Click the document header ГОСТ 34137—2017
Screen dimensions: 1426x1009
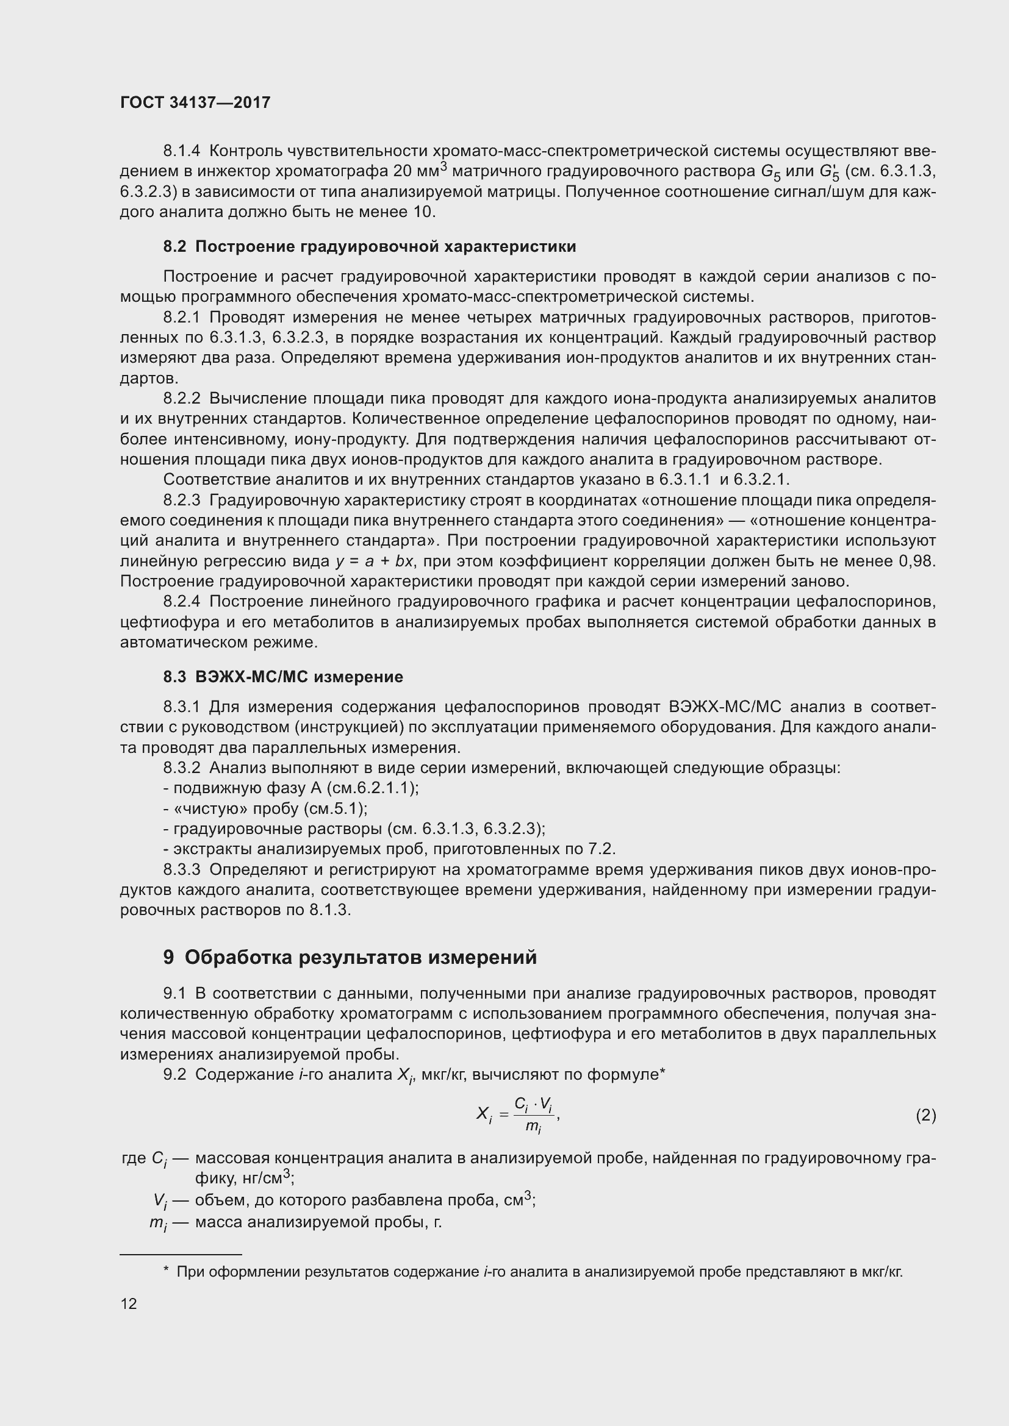195,103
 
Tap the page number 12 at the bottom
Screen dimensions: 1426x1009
129,1303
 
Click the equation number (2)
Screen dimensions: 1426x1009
925,1116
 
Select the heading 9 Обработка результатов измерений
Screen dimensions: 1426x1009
350,957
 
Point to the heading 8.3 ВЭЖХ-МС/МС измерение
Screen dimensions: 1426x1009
283,677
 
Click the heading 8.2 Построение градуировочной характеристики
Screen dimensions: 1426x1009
370,246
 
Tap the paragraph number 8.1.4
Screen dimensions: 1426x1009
182,151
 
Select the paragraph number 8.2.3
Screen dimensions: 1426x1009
182,501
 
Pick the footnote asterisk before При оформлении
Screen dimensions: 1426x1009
166,1271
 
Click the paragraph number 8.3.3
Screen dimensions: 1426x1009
182,869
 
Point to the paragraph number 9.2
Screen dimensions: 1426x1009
174,1074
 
